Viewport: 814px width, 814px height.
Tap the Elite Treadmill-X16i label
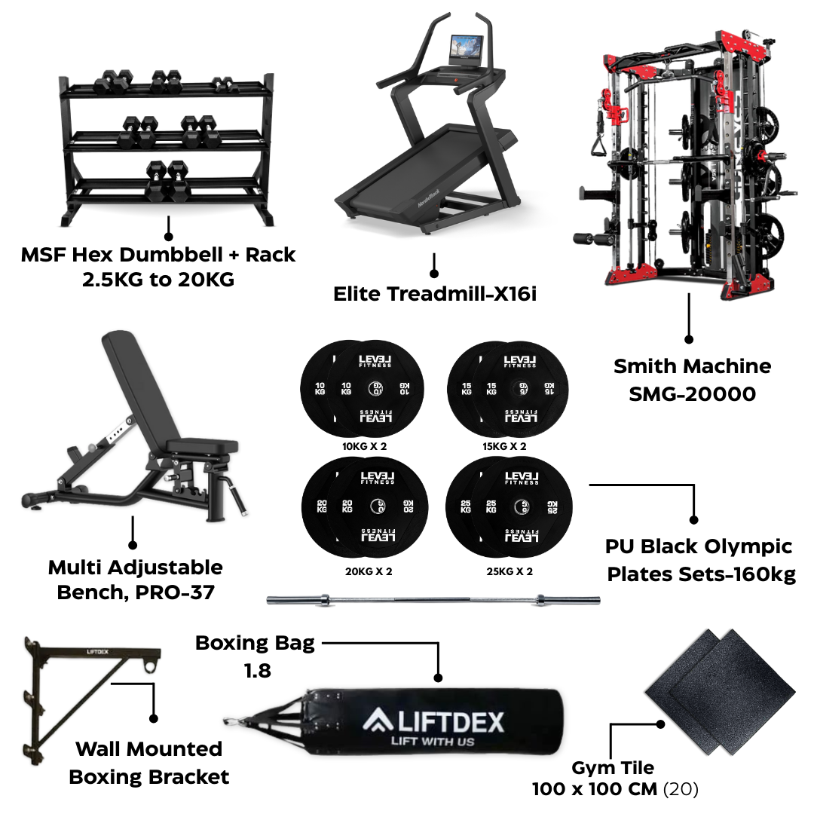[435, 294]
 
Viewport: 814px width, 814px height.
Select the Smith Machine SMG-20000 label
[692, 380]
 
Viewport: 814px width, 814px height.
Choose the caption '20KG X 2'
[369, 571]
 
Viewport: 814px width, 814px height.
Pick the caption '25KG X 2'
[510, 571]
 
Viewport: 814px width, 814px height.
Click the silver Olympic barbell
[434, 601]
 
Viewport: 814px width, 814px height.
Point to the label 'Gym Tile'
[613, 768]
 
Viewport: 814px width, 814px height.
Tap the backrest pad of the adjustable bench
[132, 384]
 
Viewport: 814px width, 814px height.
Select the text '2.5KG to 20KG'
[158, 280]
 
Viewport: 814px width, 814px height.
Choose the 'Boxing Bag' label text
[255, 644]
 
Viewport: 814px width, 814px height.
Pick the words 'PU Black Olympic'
[699, 546]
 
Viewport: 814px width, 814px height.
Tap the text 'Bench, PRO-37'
[136, 592]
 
